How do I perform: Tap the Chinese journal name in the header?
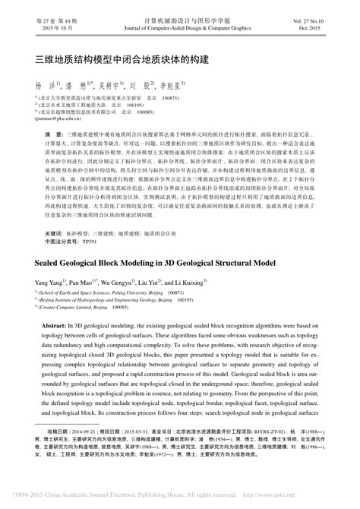[181, 8]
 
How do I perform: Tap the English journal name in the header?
[180, 16]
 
